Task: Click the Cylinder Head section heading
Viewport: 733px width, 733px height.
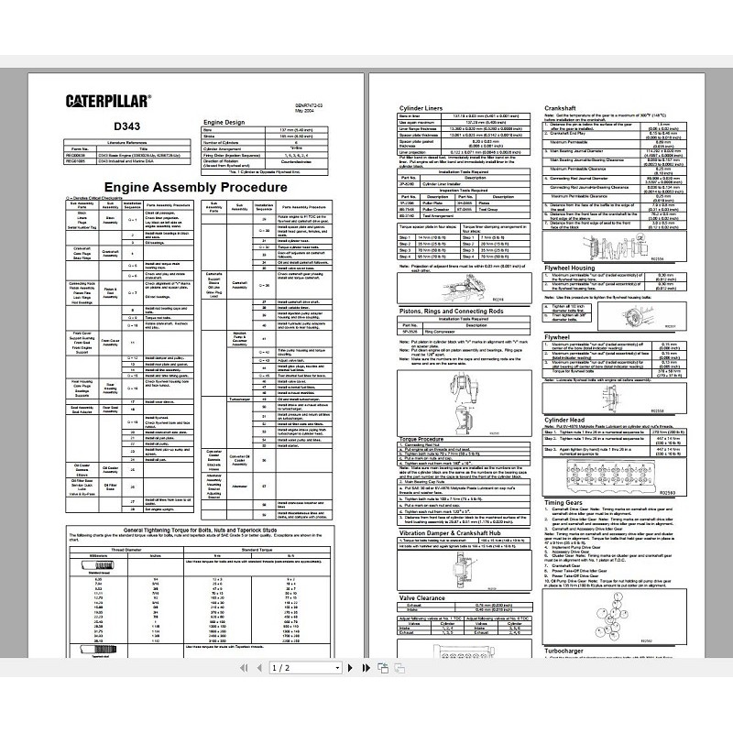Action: tap(568, 421)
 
